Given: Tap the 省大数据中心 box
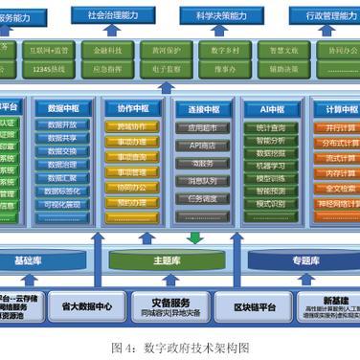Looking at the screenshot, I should [x=86, y=306].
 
